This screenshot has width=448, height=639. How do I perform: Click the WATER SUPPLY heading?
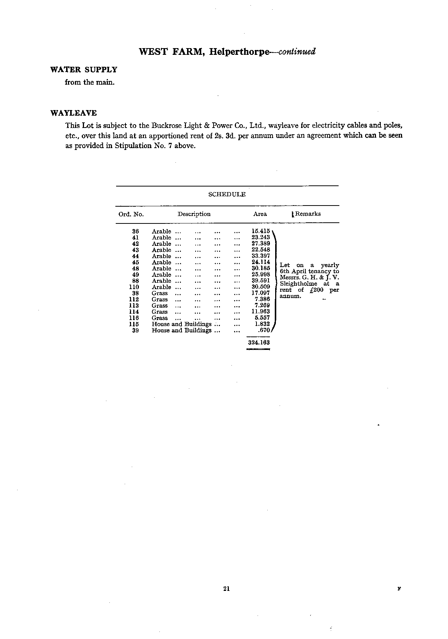click(x=84, y=70)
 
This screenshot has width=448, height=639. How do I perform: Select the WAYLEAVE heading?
click(x=74, y=113)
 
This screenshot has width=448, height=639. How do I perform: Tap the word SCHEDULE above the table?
click(x=227, y=194)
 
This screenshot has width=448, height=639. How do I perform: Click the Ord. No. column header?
click(x=131, y=214)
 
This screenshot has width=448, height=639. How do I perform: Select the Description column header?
click(x=194, y=214)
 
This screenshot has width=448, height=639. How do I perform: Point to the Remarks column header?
click(x=308, y=214)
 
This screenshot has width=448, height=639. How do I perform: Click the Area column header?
click(x=260, y=214)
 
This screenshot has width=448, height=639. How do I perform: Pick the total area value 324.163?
click(x=259, y=342)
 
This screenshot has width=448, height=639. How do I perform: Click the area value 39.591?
click(x=261, y=281)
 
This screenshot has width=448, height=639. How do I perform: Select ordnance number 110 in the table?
click(x=134, y=287)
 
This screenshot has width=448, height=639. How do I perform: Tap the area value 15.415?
click(x=261, y=231)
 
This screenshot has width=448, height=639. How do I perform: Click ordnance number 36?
click(x=136, y=231)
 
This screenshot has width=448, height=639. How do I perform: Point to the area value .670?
click(x=264, y=330)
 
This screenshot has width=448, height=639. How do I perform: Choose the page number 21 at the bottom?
click(x=226, y=589)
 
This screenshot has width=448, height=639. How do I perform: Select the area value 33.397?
click(x=261, y=256)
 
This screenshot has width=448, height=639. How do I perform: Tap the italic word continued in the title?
click(x=297, y=51)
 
